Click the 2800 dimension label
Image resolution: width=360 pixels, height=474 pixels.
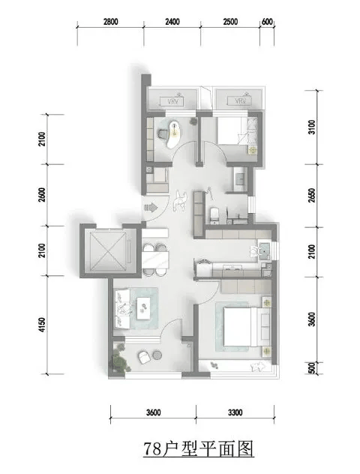(x=110, y=22)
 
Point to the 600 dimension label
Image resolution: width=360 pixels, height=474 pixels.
(x=267, y=22)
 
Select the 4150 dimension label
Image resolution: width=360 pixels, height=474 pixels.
(x=42, y=324)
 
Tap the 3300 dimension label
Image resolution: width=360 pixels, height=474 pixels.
(x=235, y=412)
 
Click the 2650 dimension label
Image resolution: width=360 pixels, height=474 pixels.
(x=312, y=196)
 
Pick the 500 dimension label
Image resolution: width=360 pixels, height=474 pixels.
(x=312, y=368)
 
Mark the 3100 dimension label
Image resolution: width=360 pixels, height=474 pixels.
(x=312, y=127)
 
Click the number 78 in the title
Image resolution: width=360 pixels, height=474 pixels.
(x=152, y=449)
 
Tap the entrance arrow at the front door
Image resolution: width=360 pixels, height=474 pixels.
(x=151, y=208)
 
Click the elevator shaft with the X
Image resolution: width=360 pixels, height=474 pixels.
(x=108, y=250)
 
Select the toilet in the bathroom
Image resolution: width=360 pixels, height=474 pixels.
(x=214, y=214)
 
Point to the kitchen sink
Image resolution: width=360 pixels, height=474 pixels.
(x=264, y=250)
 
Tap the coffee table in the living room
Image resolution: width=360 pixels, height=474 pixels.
(x=143, y=308)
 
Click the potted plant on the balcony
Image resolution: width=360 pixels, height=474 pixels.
(x=120, y=358)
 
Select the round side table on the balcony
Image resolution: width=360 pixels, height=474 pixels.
(x=157, y=355)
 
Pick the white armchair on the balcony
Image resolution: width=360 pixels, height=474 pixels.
(x=144, y=357)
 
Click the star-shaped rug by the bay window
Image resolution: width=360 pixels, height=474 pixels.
(x=257, y=367)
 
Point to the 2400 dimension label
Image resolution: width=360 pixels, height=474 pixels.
(x=172, y=22)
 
